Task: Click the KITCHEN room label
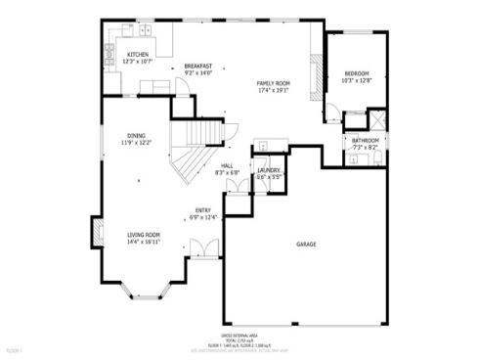pyautogui.click(x=138, y=54)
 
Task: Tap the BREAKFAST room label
pyautogui.click(x=198, y=67)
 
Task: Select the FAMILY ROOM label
pyautogui.click(x=273, y=83)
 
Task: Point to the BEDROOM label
pyautogui.click(x=356, y=74)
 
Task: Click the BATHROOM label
pyautogui.click(x=366, y=141)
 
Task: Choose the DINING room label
pyautogui.click(x=137, y=136)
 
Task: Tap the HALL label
pyautogui.click(x=227, y=166)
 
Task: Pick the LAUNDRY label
pyautogui.click(x=269, y=171)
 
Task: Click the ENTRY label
pyautogui.click(x=203, y=210)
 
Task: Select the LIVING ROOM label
pyautogui.click(x=144, y=234)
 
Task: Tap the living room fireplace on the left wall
pyautogui.click(x=98, y=233)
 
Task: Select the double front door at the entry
pyautogui.click(x=203, y=256)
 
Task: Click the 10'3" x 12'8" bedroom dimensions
pyautogui.click(x=356, y=81)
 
